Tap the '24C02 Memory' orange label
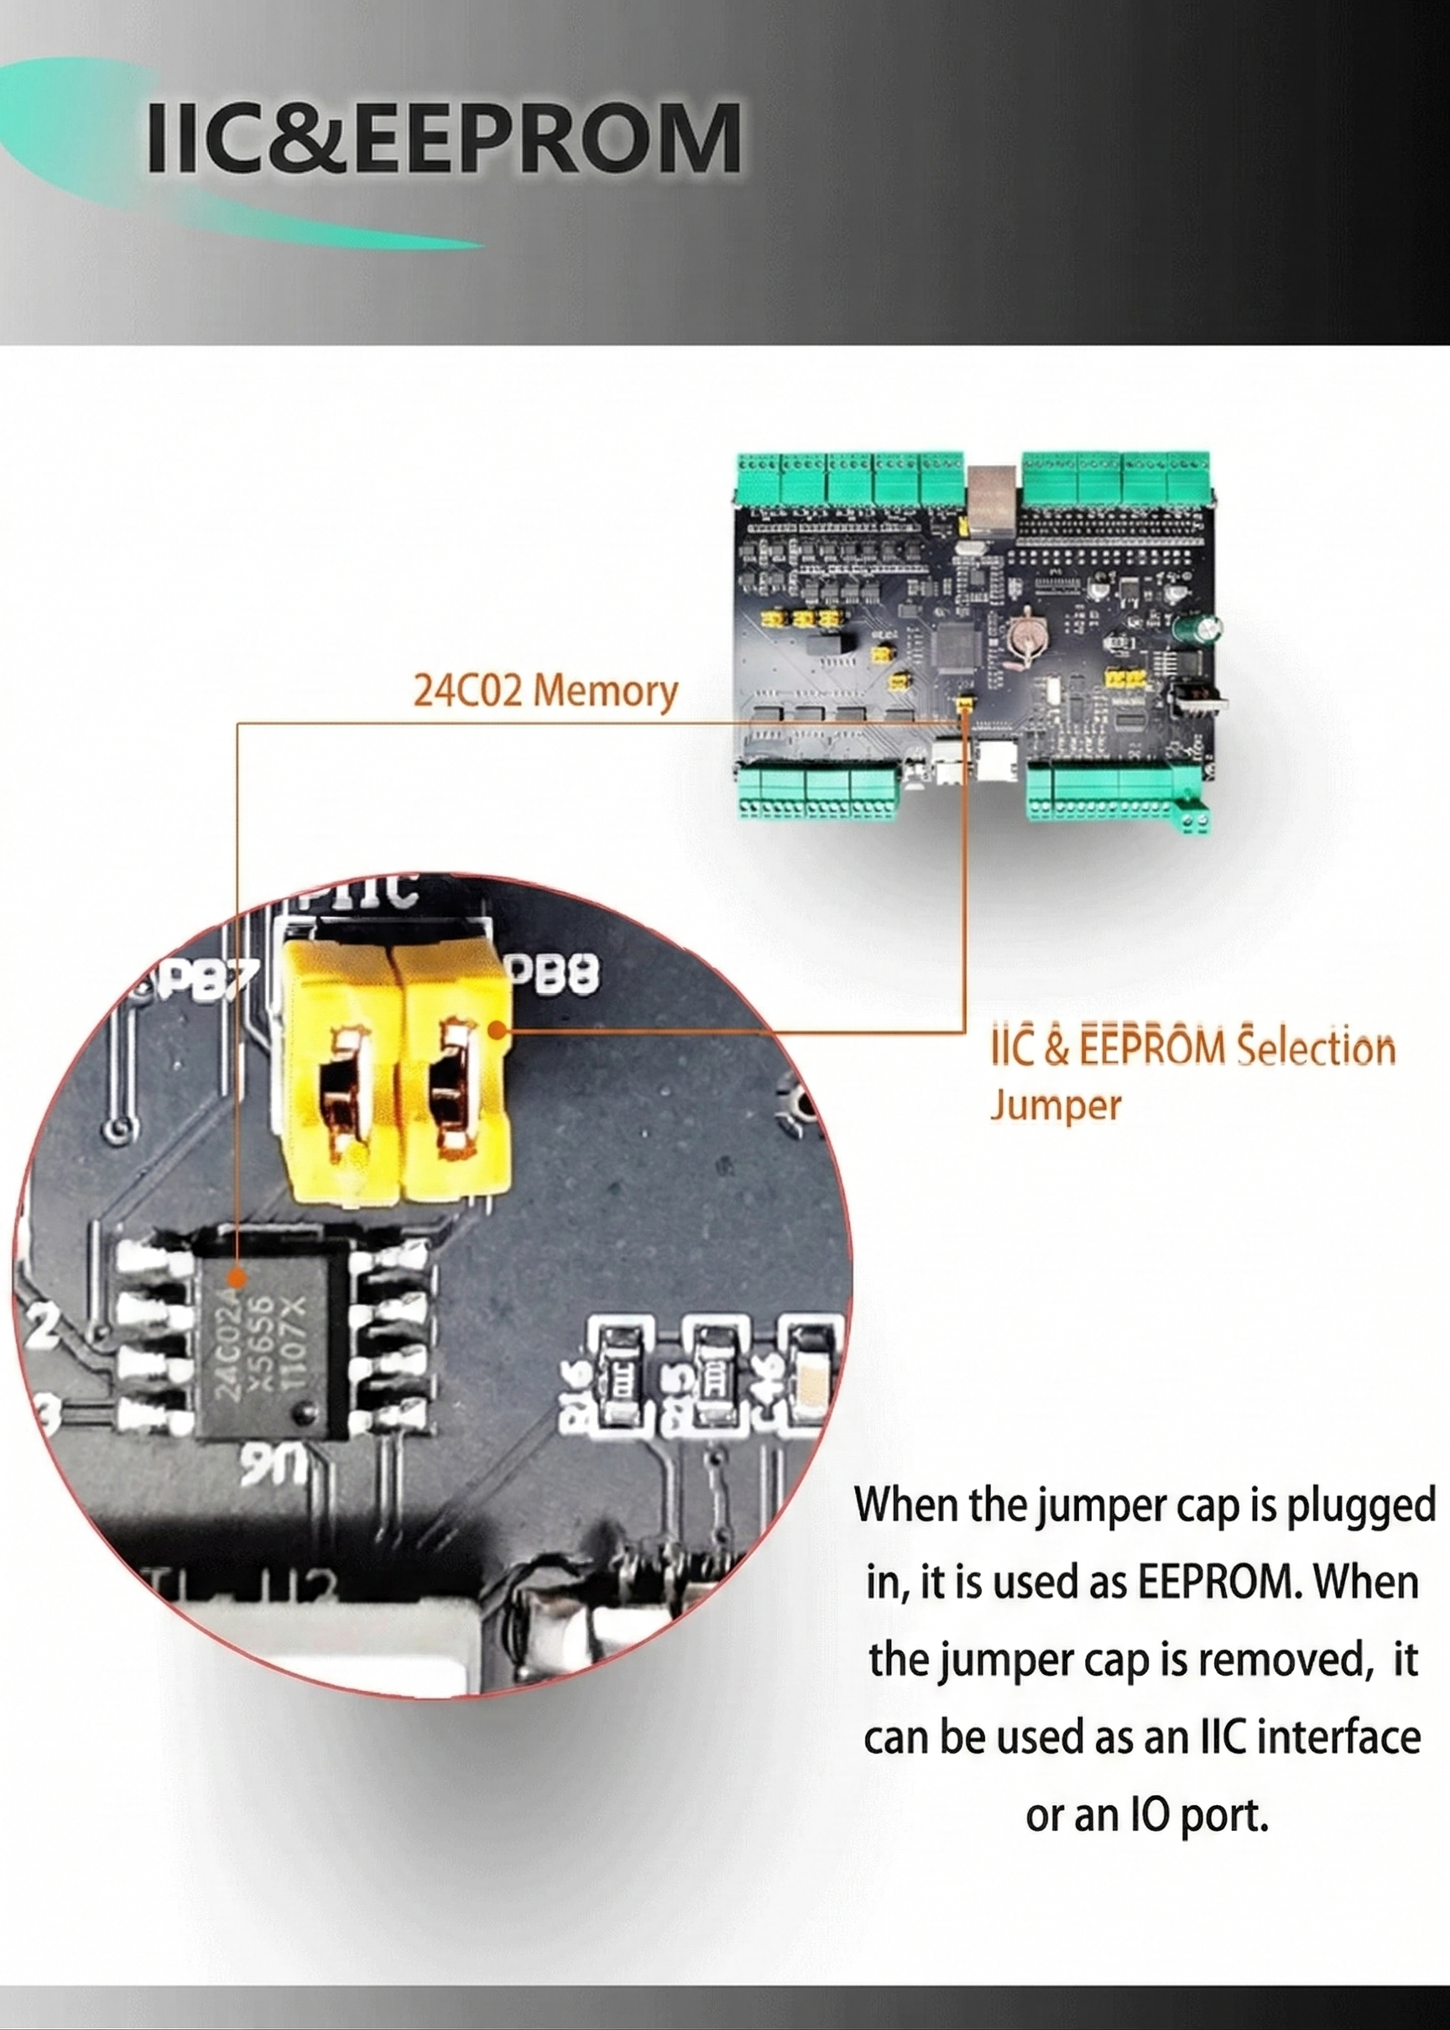545,690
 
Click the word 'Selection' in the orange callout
1303,1048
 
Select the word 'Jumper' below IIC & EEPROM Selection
1055,1106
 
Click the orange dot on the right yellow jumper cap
500,1032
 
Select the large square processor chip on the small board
956,646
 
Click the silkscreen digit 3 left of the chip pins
45,1413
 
